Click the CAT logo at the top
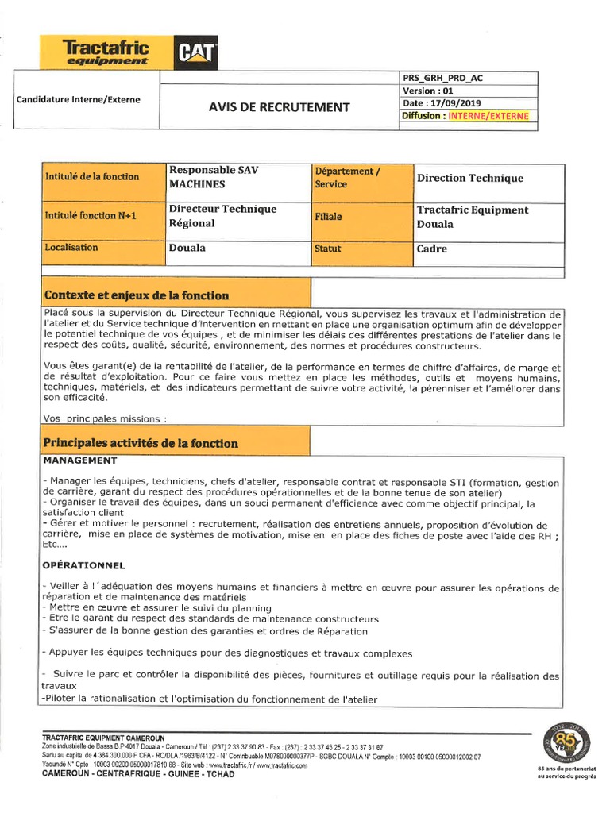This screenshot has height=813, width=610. pos(195,52)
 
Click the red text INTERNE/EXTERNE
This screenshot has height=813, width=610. pos(488,116)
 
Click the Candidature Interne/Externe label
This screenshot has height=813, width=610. pos(78,100)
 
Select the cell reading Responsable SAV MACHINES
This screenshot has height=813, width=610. pos(214,177)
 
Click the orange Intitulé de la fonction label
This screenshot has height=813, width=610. pos(92,176)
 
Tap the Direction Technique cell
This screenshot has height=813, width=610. pos(470,178)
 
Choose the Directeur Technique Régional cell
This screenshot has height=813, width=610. pos(222,216)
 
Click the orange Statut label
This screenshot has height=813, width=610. pos(327,249)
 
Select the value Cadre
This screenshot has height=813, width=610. pos(432,249)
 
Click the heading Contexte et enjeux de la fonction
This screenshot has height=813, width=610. pos(137,295)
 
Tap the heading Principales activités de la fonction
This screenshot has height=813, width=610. pos(141,443)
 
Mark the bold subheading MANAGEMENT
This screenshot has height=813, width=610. pos(80,460)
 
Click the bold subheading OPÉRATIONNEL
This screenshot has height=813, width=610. pos(84,566)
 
